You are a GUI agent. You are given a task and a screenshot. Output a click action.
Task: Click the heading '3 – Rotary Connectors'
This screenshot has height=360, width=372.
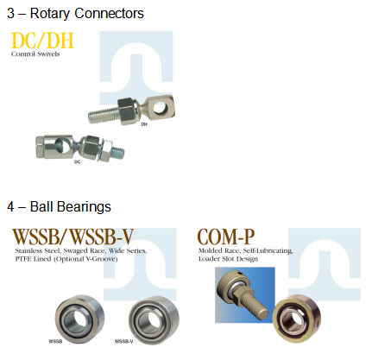[x=75, y=14]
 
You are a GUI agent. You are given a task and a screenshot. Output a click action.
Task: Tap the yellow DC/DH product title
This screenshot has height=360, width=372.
[x=42, y=41]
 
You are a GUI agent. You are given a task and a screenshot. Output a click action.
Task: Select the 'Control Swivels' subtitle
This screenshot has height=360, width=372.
[x=35, y=54]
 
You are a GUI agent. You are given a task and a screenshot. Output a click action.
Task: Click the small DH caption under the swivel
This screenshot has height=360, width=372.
[x=144, y=124]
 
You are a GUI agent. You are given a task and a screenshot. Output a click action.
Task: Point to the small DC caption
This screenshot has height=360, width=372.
[x=78, y=162]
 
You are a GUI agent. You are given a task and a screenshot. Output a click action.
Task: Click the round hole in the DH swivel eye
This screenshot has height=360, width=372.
[x=160, y=108]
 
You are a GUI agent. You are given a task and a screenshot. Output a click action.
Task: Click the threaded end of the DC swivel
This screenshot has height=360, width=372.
[x=118, y=152]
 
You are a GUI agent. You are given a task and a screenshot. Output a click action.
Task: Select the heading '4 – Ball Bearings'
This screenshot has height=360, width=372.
[x=59, y=206]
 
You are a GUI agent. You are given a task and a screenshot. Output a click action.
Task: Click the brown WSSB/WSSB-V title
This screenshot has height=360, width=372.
[x=73, y=237]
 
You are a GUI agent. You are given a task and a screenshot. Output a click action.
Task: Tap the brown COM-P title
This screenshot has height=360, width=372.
[x=226, y=237]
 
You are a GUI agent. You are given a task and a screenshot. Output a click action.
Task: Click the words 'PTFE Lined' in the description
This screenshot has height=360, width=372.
[x=33, y=259]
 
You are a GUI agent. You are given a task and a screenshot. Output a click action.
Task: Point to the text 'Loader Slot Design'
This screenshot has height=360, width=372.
[x=228, y=259]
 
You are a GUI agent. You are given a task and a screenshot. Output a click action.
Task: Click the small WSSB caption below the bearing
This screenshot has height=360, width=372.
[x=55, y=341]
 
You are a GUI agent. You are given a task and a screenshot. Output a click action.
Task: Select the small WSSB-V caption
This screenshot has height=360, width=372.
[x=124, y=341]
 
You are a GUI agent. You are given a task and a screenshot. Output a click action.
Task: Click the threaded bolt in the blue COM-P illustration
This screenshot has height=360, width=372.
[x=253, y=306]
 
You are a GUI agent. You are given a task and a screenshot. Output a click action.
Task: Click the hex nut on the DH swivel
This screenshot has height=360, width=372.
[x=127, y=111]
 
